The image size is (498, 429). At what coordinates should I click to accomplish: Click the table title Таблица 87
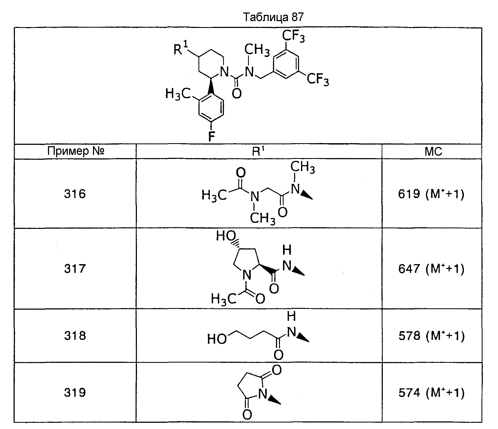[x=273, y=17]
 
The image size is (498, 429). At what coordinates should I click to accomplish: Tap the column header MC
[x=433, y=151]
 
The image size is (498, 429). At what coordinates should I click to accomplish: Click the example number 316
[x=75, y=194]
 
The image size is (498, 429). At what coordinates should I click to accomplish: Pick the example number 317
[x=75, y=269]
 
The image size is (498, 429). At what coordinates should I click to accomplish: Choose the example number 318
[x=75, y=336]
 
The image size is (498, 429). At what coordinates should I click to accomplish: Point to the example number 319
[x=75, y=392]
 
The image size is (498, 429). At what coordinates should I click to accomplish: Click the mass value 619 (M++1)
[x=431, y=194]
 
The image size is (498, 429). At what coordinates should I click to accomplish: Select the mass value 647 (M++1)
[x=431, y=269]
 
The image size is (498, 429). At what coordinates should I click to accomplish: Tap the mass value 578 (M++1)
[x=431, y=336]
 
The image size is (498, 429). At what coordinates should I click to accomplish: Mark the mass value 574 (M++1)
[x=431, y=393]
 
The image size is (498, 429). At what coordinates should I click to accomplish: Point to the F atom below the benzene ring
[x=211, y=136]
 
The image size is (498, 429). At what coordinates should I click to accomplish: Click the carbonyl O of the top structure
[x=237, y=94]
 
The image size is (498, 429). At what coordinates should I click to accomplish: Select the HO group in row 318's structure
[x=217, y=339]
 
